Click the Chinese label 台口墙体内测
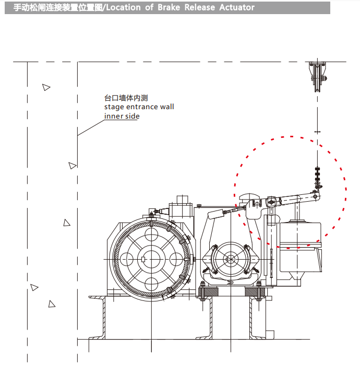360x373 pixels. coord(126,98)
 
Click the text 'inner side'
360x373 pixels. coord(122,116)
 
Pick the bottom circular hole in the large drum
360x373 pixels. coord(151,284)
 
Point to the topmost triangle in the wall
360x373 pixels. coord(46,87)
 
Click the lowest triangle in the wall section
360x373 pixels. coord(52,304)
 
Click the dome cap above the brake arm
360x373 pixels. coord(249,199)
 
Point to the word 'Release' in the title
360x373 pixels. coord(199,7)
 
